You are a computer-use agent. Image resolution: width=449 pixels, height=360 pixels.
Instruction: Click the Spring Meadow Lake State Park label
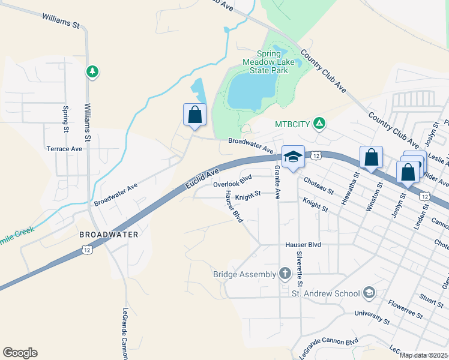[x=265, y=62]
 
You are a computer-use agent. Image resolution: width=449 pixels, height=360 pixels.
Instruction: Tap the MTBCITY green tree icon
[x=320, y=124]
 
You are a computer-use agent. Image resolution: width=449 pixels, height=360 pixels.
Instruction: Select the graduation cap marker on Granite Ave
[x=293, y=158]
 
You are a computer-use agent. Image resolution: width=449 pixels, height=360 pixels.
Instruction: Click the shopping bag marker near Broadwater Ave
[x=194, y=115]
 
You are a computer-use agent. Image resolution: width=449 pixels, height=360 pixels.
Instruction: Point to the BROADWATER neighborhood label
[x=109, y=234]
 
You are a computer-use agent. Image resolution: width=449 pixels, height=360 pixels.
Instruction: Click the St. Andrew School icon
[x=369, y=293]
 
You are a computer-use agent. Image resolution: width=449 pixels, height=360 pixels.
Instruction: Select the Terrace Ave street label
[x=64, y=148]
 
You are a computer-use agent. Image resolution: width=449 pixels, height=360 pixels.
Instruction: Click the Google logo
[x=20, y=353]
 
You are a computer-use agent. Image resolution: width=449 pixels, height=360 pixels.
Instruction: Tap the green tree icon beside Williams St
[x=92, y=72]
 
